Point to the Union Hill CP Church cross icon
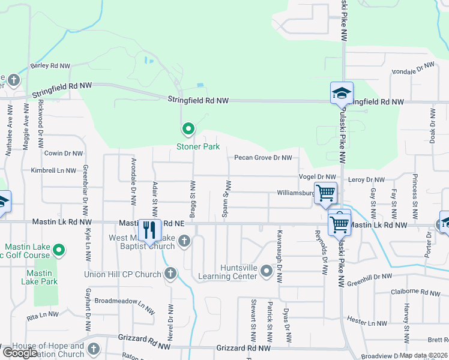[x=170, y=274]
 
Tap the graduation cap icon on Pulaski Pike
[x=342, y=94]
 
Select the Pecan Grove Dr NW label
[x=263, y=158]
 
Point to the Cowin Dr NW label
[x=64, y=154]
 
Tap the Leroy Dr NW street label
[x=367, y=179]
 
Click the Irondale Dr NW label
[x=412, y=67]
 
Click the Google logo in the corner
[x=20, y=352]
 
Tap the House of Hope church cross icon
[x=93, y=349]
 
